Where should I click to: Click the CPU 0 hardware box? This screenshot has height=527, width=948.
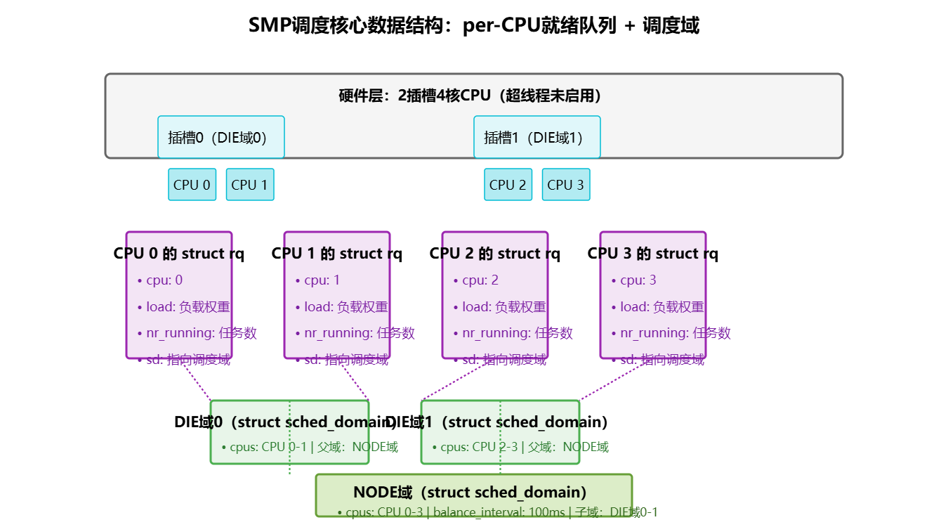(192, 185)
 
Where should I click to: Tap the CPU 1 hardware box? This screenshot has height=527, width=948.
(250, 185)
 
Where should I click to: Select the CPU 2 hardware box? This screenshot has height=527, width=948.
(508, 185)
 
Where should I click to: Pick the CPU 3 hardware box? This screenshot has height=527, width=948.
(566, 185)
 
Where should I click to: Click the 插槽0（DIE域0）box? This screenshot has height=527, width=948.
(220, 137)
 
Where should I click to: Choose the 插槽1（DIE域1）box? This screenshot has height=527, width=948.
(536, 137)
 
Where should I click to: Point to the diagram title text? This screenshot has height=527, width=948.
(474, 26)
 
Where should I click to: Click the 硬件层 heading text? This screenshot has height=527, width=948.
(474, 96)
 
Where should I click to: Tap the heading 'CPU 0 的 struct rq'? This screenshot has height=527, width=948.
(179, 254)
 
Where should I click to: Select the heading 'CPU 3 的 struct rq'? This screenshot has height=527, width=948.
(653, 254)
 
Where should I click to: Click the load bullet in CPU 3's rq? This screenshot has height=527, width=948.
(661, 307)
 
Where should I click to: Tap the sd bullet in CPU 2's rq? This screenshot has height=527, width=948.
(503, 360)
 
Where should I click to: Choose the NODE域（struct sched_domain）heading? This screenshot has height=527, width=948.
(470, 492)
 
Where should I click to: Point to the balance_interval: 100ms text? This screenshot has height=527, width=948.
(499, 513)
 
